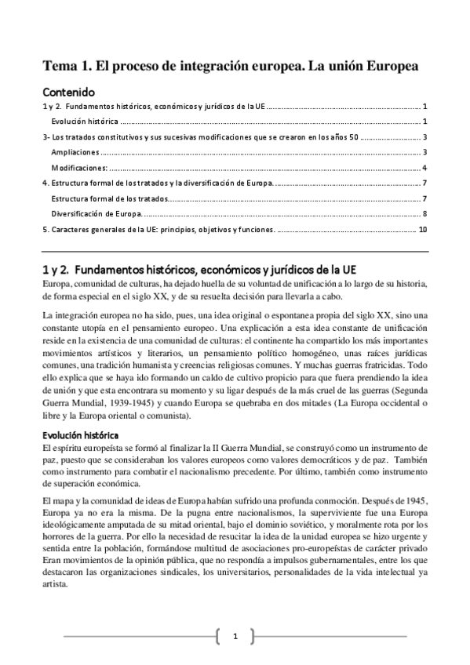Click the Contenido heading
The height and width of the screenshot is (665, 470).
(68, 91)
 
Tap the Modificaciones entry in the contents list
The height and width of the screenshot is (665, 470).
(79, 167)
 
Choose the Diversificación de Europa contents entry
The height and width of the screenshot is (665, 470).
(97, 213)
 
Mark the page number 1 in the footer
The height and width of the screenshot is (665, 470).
(235, 636)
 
